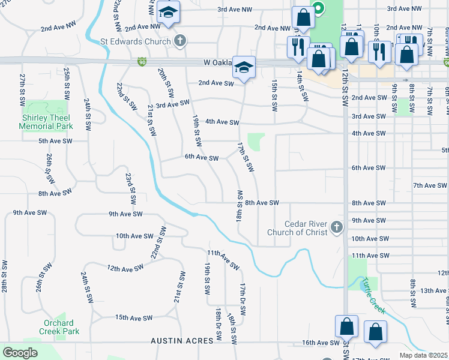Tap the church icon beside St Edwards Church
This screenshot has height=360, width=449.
pyautogui.click(x=179, y=41)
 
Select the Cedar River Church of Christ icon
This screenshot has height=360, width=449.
pyautogui.click(x=336, y=227)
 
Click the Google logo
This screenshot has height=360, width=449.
pyautogui.click(x=20, y=352)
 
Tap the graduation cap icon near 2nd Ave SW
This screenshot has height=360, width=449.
pyautogui.click(x=244, y=67)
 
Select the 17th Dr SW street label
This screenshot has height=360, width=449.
pyautogui.click(x=243, y=300)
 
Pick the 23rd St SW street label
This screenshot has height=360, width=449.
pyautogui.click(x=128, y=188)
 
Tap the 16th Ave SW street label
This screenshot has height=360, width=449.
pyautogui.click(x=321, y=343)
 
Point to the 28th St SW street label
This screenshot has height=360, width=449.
pyautogui.click(x=5, y=276)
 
